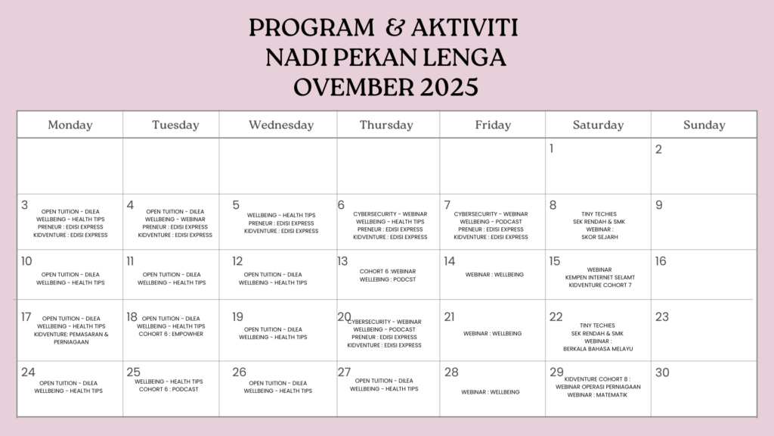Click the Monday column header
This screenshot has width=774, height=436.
click(x=70, y=125)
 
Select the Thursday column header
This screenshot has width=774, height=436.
click(x=386, y=125)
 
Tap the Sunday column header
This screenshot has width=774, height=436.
click(x=704, y=125)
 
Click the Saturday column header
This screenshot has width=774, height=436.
click(x=598, y=125)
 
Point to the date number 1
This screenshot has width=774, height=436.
click(x=552, y=149)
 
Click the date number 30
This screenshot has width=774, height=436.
click(x=663, y=372)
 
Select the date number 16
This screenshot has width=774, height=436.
click(x=661, y=261)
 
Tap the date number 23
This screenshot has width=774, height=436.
click(x=662, y=317)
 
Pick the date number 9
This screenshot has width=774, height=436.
click(x=659, y=205)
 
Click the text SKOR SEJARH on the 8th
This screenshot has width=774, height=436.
click(x=599, y=237)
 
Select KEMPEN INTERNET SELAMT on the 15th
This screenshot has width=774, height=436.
click(x=599, y=278)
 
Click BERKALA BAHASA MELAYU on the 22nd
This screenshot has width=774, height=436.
click(x=598, y=349)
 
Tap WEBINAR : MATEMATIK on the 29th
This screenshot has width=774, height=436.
click(x=598, y=394)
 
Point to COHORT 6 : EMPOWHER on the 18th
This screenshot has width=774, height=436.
click(x=171, y=334)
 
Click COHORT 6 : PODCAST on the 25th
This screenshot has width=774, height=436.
click(x=169, y=389)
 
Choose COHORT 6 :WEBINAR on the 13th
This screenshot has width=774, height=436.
click(x=388, y=271)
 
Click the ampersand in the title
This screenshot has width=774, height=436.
click(x=395, y=29)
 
